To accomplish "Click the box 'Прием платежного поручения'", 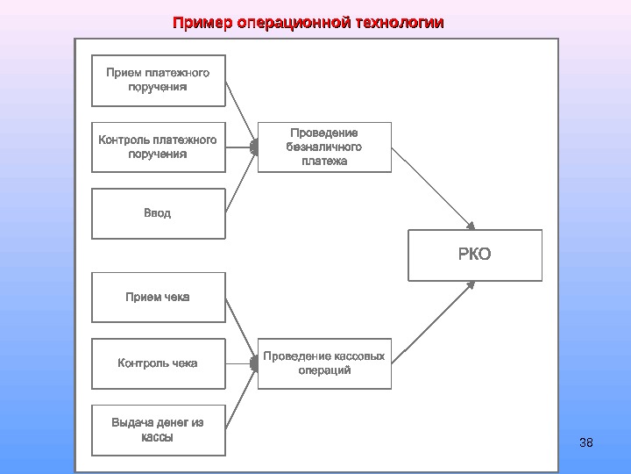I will pyautogui.click(x=158, y=80).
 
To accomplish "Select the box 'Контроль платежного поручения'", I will pyautogui.click(x=158, y=147).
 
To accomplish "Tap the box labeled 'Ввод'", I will pyautogui.click(x=158, y=213).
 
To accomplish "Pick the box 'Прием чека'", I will pyautogui.click(x=158, y=297).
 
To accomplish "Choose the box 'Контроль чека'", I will pyautogui.click(x=158, y=363).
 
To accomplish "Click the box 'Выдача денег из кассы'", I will pyautogui.click(x=158, y=429).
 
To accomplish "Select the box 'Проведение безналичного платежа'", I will pyautogui.click(x=324, y=147).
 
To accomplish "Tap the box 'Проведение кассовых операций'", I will pyautogui.click(x=324, y=363).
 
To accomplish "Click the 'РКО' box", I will pyautogui.click(x=475, y=255).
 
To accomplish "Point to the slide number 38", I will pyautogui.click(x=586, y=442).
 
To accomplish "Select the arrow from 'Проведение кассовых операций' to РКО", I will pyautogui.click(x=434, y=322).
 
